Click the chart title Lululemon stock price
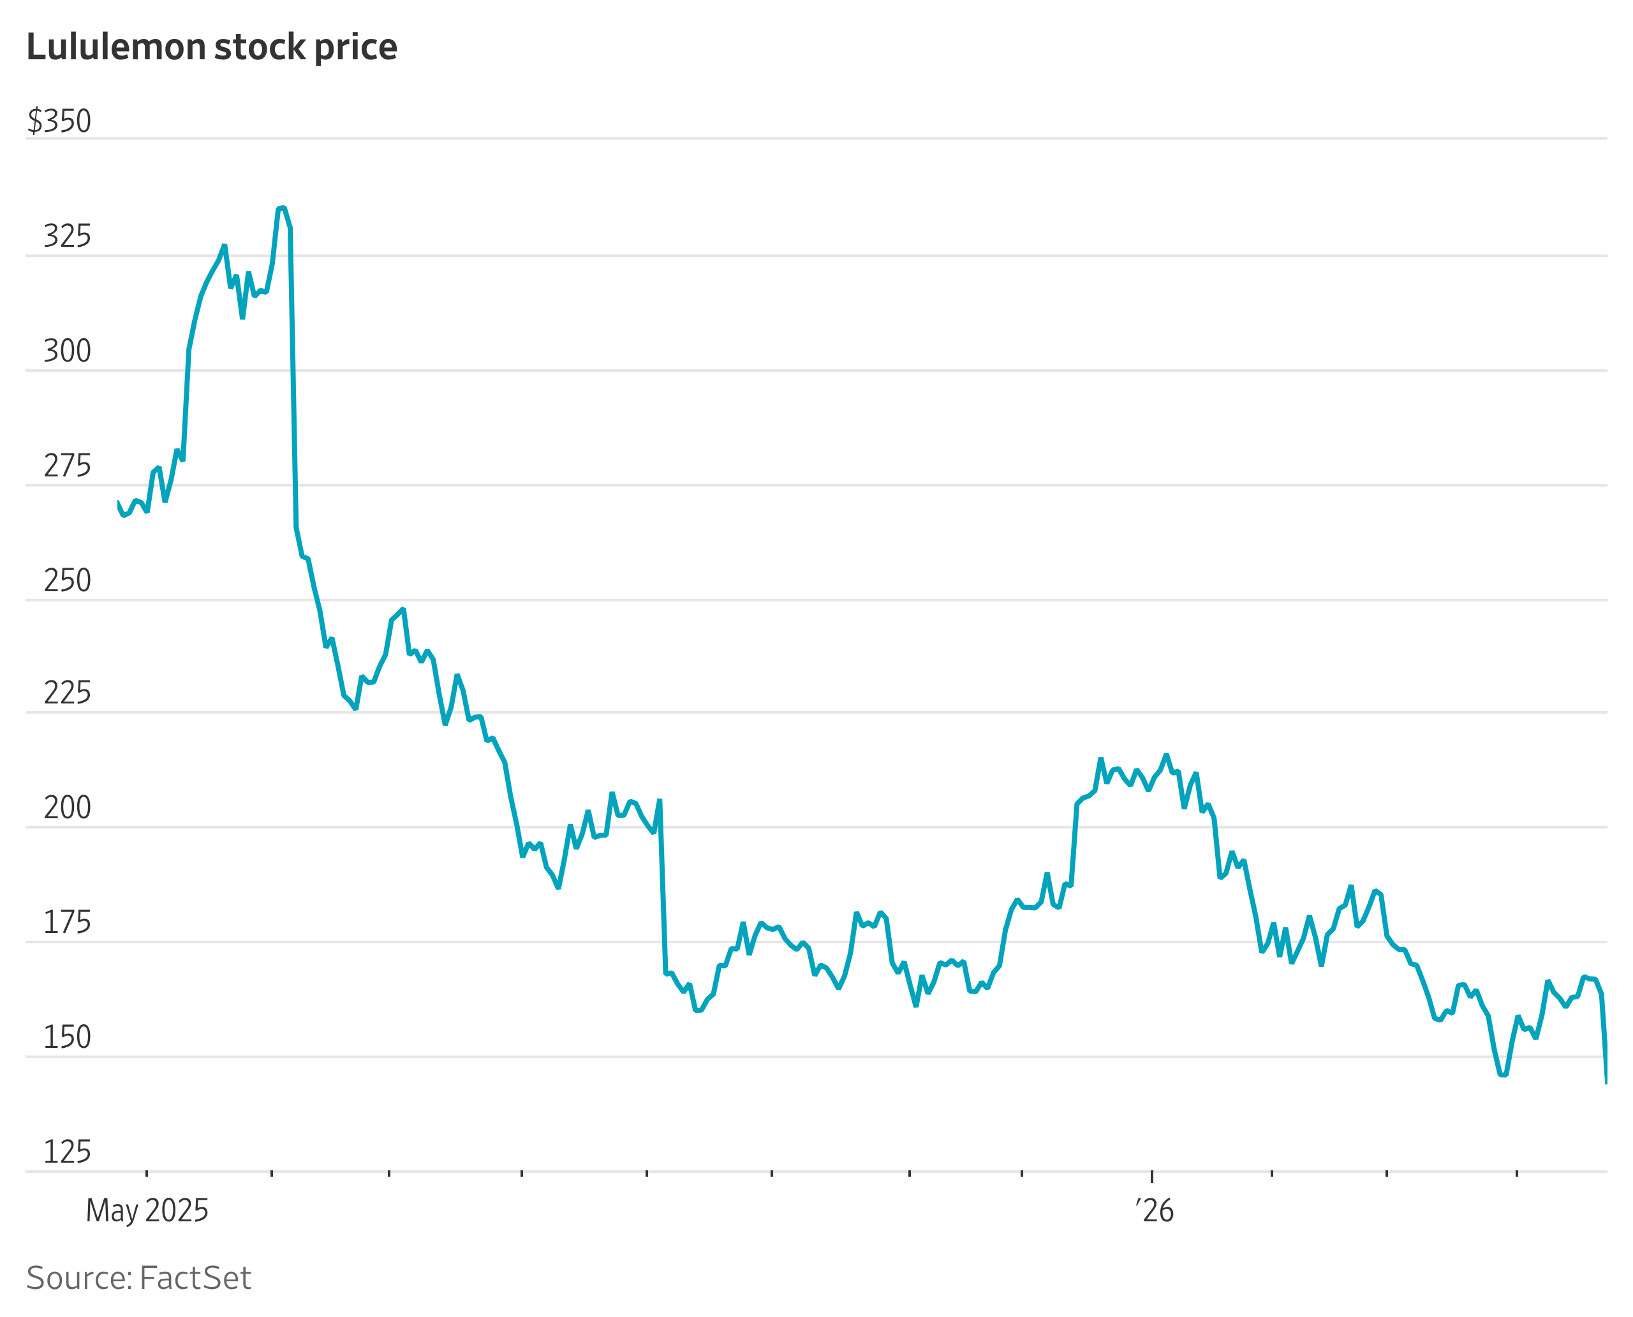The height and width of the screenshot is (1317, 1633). click(212, 47)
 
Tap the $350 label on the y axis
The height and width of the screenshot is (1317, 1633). click(59, 121)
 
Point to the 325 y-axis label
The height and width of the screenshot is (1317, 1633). click(67, 237)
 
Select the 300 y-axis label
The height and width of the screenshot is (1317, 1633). click(67, 351)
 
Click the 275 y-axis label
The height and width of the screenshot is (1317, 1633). click(67, 466)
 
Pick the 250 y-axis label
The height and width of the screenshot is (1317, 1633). click(67, 580)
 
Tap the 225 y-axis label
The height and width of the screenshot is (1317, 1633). click(67, 693)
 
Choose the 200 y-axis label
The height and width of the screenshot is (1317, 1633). click(67, 808)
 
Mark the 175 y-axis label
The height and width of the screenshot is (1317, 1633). click(67, 922)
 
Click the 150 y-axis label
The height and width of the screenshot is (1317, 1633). click(67, 1037)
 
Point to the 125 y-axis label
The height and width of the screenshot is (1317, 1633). click(67, 1152)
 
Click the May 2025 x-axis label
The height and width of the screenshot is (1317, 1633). click(147, 1210)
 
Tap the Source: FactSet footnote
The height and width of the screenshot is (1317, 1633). click(138, 1278)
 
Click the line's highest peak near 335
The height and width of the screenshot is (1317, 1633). click(281, 207)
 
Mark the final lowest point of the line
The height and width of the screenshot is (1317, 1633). click(1606, 1082)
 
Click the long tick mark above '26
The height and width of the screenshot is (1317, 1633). click(1152, 1177)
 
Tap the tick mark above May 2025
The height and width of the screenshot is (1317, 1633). click(147, 1174)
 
